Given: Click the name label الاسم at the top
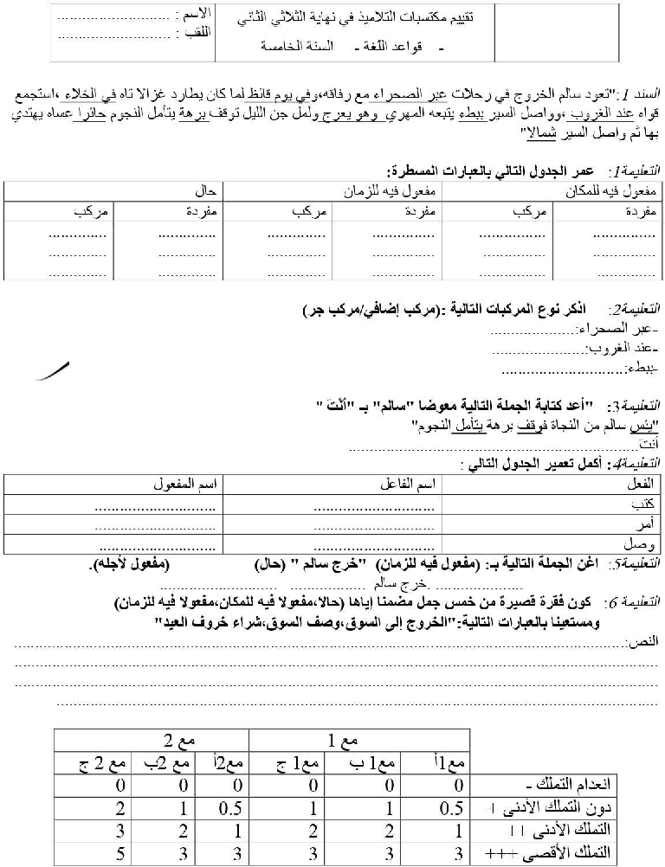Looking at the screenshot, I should pos(191,17).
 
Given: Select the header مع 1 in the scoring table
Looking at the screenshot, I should pos(358,741).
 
